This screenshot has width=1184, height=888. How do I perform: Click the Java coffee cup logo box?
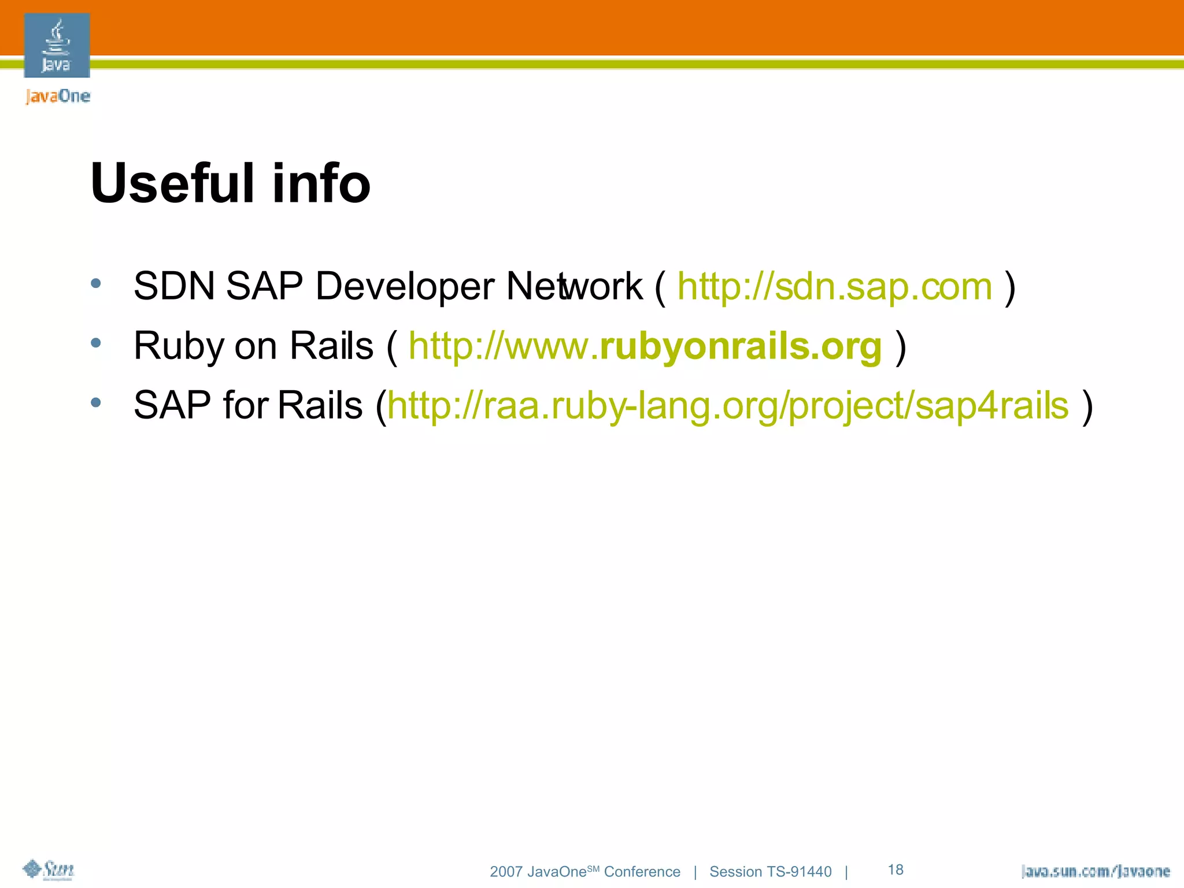tap(57, 45)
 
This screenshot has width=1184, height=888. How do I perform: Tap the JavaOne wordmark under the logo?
tap(58, 96)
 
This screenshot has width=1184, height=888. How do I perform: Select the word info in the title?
tap(321, 183)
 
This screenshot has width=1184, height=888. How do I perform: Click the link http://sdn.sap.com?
tap(834, 287)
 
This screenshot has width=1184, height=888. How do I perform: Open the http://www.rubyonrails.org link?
tap(645, 347)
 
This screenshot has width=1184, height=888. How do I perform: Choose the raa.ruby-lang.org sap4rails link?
tap(728, 406)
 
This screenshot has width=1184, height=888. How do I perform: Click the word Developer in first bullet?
tap(405, 287)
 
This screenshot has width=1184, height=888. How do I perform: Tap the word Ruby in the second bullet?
tap(179, 347)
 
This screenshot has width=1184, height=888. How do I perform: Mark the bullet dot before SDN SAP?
tap(96, 283)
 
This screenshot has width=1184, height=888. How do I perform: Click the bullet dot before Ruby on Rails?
tap(96, 343)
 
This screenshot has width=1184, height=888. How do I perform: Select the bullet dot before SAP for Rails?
tap(96, 402)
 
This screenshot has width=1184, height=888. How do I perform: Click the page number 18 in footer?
tap(896, 869)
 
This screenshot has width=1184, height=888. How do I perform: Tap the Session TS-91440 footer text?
tap(770, 872)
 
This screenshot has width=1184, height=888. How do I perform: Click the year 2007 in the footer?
tap(506, 872)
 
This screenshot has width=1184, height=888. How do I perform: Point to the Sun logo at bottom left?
tap(49, 869)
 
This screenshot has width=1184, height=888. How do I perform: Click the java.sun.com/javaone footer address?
tap(1096, 871)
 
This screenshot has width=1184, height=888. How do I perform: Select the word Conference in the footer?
tap(642, 872)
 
